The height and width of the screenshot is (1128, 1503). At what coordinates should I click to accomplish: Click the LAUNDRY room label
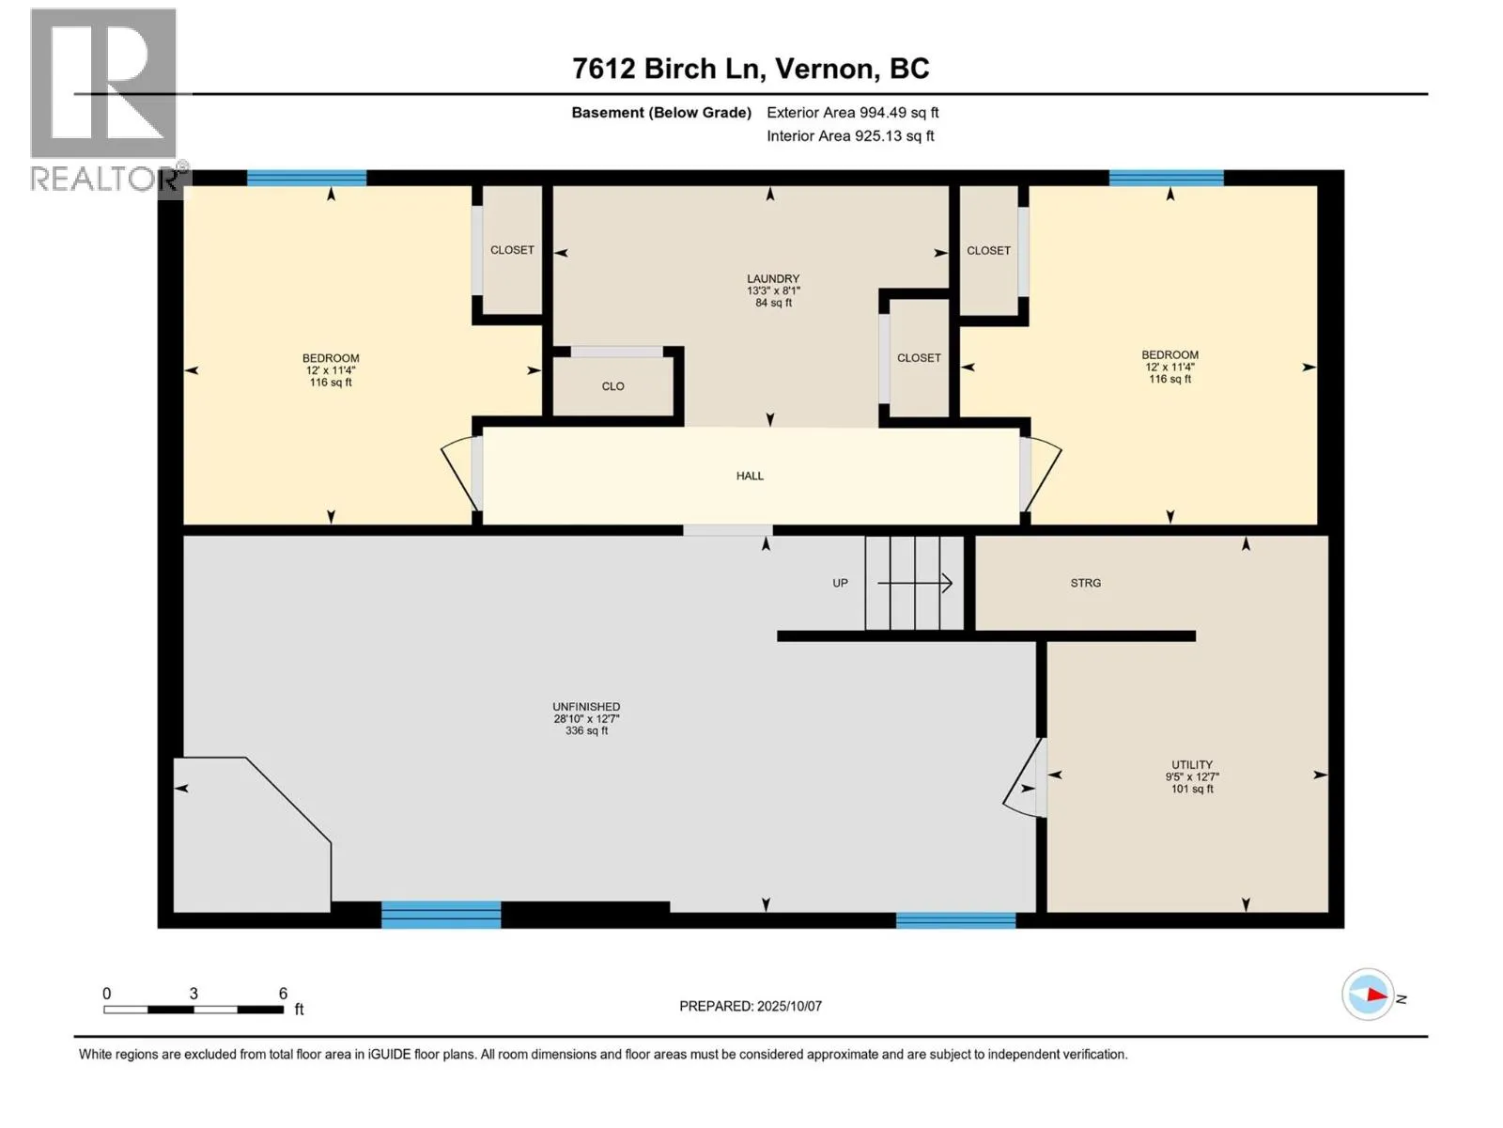click(773, 279)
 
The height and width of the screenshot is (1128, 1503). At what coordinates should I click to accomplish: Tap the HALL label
click(750, 476)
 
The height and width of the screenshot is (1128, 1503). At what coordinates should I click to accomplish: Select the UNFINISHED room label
click(586, 707)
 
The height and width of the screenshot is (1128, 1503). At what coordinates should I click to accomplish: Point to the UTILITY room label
click(1191, 764)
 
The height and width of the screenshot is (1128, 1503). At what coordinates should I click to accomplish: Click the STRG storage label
click(1085, 583)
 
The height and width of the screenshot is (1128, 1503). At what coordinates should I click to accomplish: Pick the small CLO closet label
click(612, 386)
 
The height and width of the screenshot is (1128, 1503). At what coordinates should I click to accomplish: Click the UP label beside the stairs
click(840, 583)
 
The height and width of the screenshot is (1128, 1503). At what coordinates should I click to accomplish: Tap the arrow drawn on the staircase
click(915, 583)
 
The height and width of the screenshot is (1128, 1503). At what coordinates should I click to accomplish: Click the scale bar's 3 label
click(194, 993)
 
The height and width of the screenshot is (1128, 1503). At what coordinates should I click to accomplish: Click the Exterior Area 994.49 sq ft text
click(853, 112)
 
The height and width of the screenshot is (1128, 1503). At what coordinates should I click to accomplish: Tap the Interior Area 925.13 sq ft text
click(850, 135)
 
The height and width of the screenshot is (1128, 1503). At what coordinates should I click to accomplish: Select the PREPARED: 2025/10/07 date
click(751, 1006)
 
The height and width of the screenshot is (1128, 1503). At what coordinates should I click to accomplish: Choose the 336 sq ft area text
click(586, 730)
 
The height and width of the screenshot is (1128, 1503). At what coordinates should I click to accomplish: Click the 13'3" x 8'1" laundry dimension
click(773, 290)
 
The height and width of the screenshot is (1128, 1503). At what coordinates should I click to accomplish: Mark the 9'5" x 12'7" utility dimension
click(1192, 776)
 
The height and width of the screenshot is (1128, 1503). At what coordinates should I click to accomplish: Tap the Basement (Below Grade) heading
click(661, 112)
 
